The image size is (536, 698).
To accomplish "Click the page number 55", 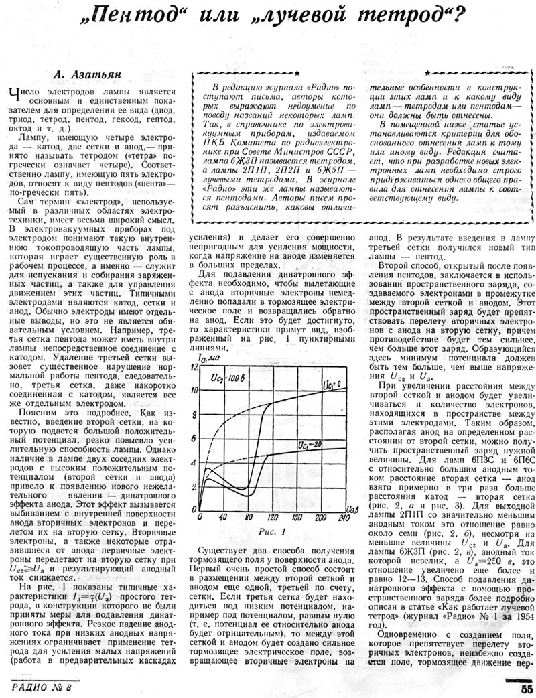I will pyautogui.click(x=522, y=687).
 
